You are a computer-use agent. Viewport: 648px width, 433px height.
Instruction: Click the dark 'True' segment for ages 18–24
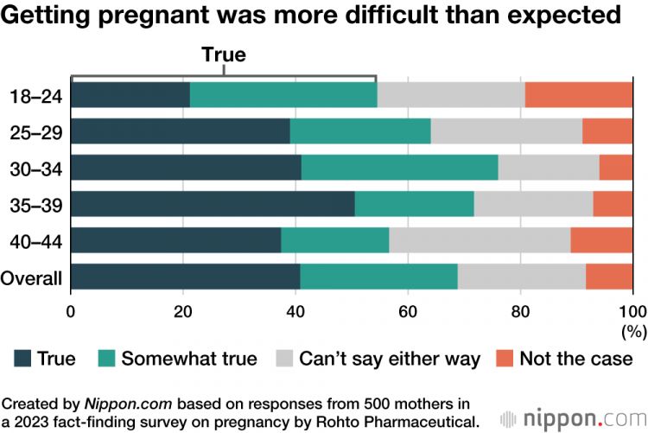tap(130, 95)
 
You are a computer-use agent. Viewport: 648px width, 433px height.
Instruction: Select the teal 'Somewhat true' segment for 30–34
tap(399, 167)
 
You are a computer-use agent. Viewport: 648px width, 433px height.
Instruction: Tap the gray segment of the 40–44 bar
tap(480, 240)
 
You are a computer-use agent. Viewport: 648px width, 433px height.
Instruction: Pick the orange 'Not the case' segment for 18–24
tap(579, 95)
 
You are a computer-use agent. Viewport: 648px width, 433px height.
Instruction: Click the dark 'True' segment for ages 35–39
tap(213, 204)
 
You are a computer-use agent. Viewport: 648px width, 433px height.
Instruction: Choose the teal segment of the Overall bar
tap(378, 277)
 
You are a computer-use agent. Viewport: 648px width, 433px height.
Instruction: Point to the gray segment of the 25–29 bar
tap(506, 131)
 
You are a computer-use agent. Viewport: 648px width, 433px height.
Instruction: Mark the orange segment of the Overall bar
tap(609, 277)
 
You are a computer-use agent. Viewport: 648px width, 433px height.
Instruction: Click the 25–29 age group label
tap(37, 131)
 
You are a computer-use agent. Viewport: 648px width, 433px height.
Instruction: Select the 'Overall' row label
tap(32, 278)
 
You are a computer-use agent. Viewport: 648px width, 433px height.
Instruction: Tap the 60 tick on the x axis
tap(408, 312)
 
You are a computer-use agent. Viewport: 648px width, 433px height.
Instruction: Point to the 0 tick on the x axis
tap(71, 312)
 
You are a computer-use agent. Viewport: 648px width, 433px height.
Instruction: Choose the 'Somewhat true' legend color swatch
tap(107, 358)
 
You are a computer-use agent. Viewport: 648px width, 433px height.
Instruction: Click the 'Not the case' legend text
tap(576, 358)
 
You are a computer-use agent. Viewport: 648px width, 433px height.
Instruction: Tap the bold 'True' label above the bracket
tap(224, 54)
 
